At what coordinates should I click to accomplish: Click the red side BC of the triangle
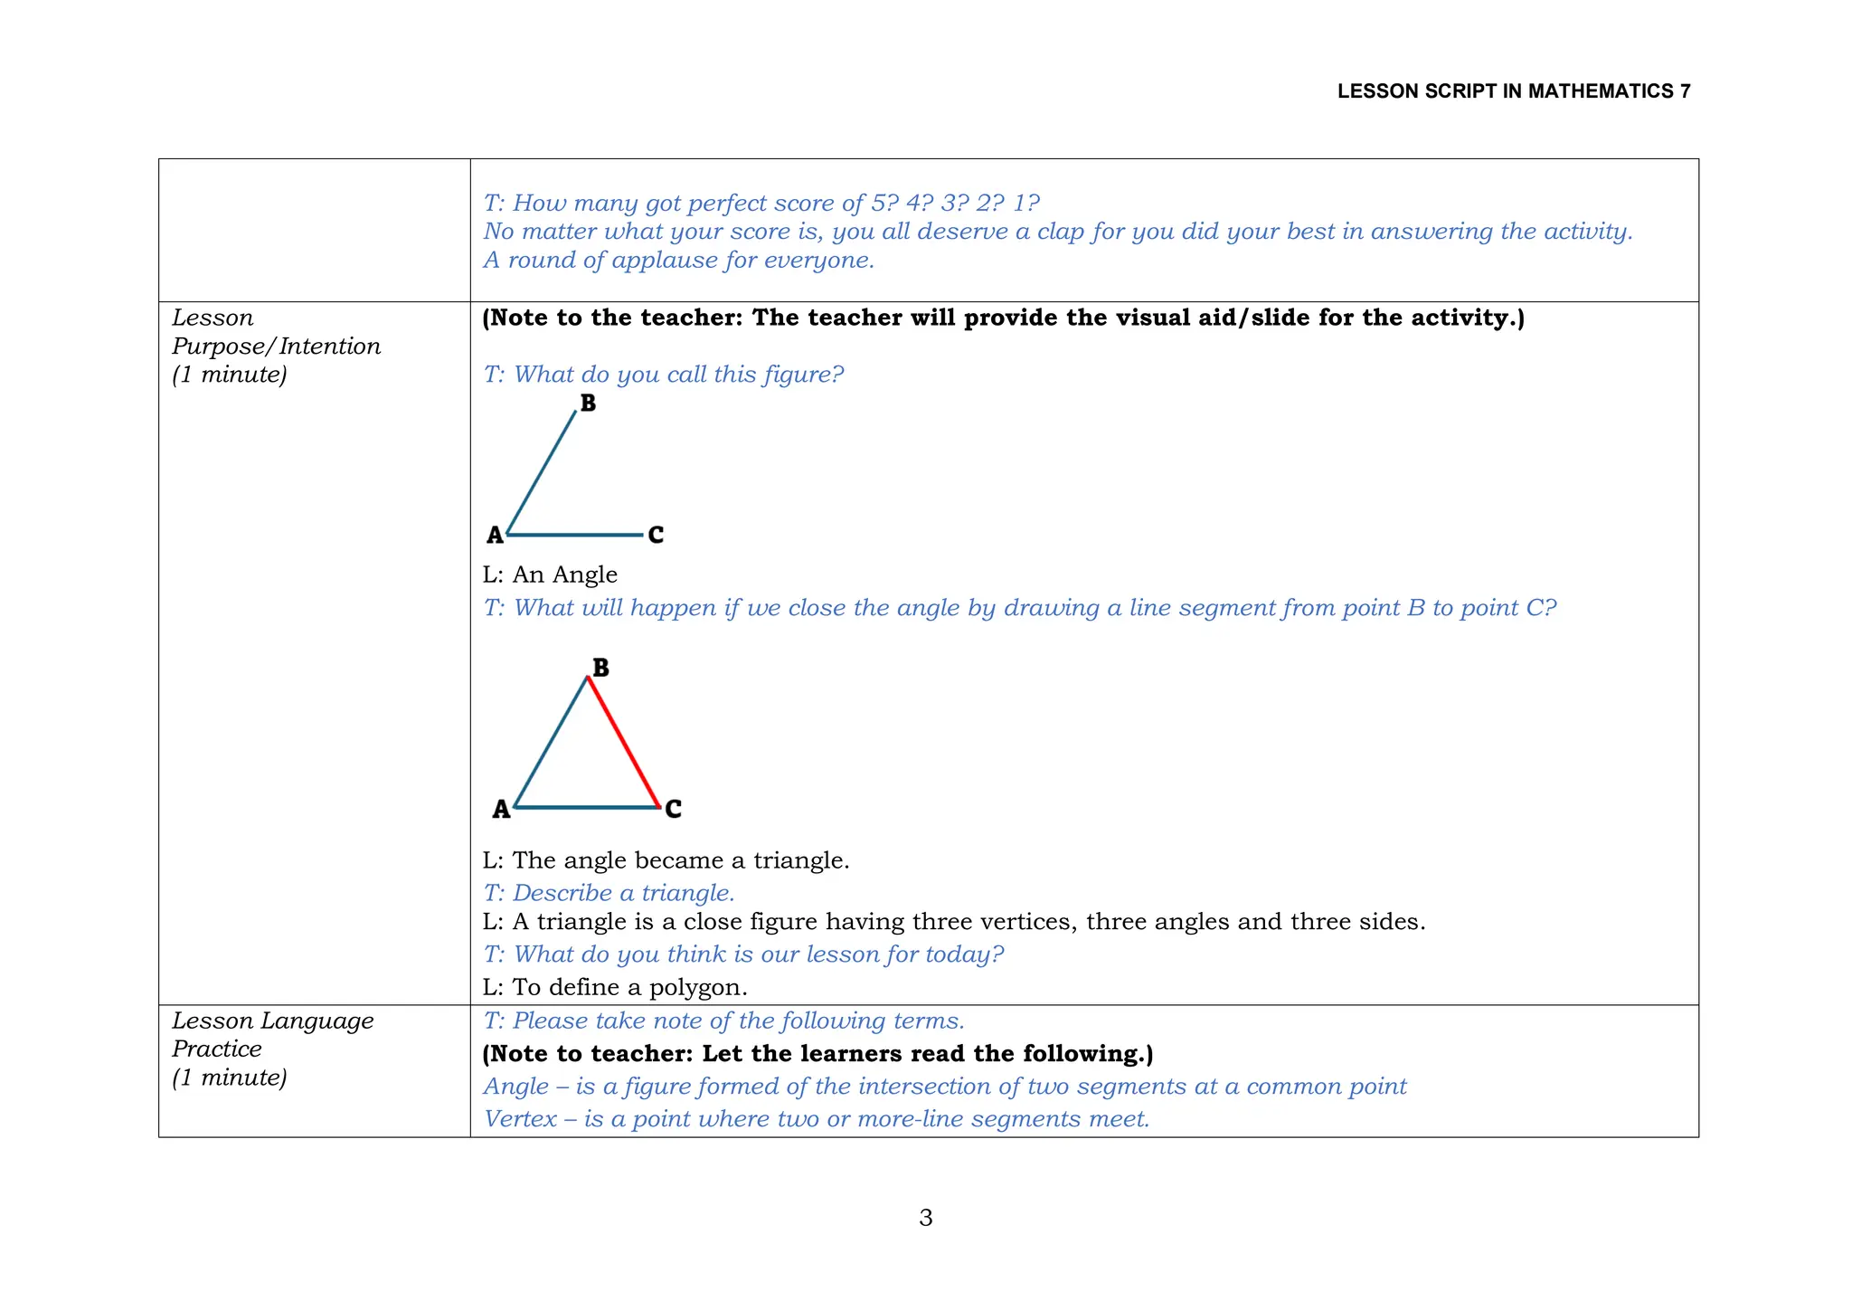pos(623,742)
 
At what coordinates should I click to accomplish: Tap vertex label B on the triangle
pos(600,668)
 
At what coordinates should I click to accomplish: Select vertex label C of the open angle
pos(656,535)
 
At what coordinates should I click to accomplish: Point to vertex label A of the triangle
pos(501,809)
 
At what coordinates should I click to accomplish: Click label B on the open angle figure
pos(588,403)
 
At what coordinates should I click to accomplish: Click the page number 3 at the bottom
pos(925,1218)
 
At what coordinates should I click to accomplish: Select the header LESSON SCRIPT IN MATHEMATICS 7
pos(1513,91)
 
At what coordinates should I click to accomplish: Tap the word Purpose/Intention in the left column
pos(276,346)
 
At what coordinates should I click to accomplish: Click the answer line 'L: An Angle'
pos(550,574)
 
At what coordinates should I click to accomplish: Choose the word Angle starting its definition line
pos(515,1087)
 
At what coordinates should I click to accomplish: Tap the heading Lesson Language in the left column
pos(272,1020)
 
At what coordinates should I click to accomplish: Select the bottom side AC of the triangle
pos(586,807)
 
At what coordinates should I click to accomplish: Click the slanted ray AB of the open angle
pos(541,473)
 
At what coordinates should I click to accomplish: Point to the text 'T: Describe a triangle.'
pos(609,893)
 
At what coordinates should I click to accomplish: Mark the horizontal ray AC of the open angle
pos(574,535)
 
